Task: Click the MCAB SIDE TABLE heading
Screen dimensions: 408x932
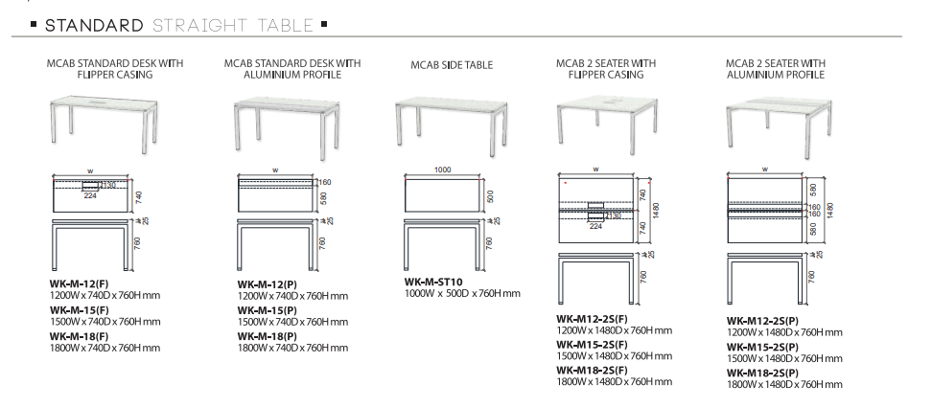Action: [451, 65]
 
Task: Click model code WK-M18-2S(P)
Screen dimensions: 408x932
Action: [762, 372]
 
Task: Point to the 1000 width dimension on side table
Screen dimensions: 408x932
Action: [442, 170]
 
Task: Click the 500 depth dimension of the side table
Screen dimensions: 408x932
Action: [489, 195]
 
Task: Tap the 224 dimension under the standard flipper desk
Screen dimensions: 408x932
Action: [90, 195]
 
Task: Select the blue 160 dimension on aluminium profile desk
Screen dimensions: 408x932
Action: [324, 182]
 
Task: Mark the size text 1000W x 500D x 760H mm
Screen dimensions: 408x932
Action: [461, 294]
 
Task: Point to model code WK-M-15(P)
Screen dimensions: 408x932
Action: [266, 310]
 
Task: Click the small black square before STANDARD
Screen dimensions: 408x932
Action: [35, 24]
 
